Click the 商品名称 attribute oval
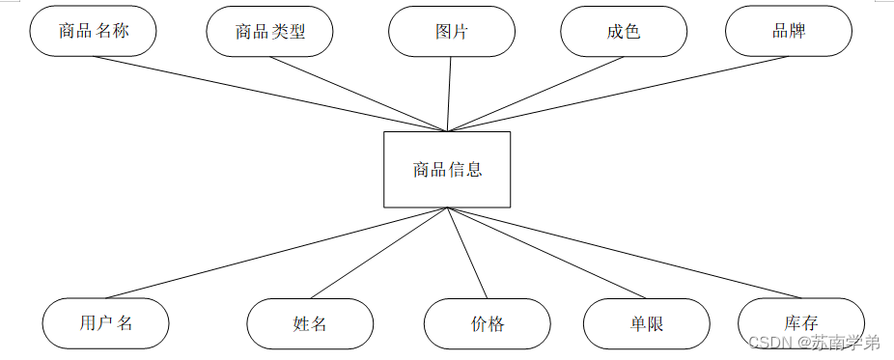(93, 31)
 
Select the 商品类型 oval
(269, 32)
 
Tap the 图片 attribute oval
(451, 32)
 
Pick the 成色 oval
(623, 32)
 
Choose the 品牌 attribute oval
(788, 31)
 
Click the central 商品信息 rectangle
(447, 170)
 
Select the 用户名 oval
(105, 322)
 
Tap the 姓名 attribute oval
(309, 323)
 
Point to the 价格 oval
(487, 323)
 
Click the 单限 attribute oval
(646, 323)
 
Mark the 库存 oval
(800, 322)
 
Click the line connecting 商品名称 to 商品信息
(270, 94)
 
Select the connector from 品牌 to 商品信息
(618, 94)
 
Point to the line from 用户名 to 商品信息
(275, 253)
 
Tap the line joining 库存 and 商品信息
(624, 253)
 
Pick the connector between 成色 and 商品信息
(536, 95)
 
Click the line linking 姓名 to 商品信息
(378, 253)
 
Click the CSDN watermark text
(814, 343)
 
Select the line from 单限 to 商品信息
(546, 253)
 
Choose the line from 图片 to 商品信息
(449, 94)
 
